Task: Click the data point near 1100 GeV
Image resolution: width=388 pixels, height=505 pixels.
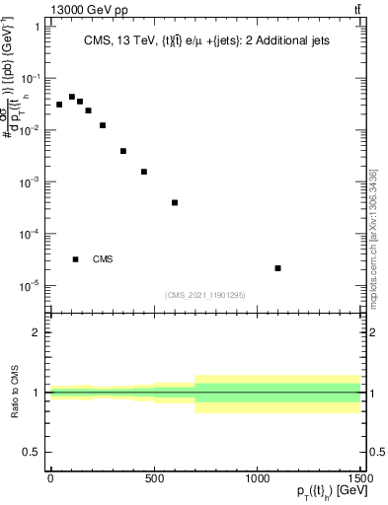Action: pyautogui.click(x=278, y=268)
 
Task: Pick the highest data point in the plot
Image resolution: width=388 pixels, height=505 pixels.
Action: pyautogui.click(x=72, y=97)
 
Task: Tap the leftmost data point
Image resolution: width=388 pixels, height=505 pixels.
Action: pyautogui.click(x=59, y=105)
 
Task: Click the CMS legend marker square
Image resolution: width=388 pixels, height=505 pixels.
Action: pyautogui.click(x=75, y=259)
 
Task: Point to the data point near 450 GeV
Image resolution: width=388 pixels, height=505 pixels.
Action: pyautogui.click(x=144, y=172)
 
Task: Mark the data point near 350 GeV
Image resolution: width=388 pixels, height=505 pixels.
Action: pyautogui.click(x=123, y=151)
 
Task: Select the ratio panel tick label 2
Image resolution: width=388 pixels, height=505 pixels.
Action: pyautogui.click(x=36, y=333)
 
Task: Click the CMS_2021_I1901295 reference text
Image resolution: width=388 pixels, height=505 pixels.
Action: pyautogui.click(x=205, y=295)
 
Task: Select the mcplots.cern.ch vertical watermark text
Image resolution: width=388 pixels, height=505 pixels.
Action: pyautogui.click(x=373, y=237)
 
